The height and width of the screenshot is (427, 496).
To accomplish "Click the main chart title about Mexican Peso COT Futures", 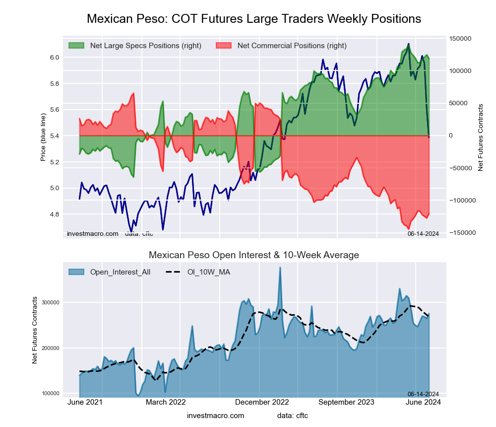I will [x=254, y=19].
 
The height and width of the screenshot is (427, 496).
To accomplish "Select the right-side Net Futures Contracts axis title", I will [x=480, y=138].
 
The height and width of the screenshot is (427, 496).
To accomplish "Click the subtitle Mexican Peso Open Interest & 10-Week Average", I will [x=254, y=255].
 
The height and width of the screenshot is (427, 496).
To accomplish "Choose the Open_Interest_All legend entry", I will [x=120, y=272].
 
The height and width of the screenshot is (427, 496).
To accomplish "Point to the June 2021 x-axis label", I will [x=85, y=402].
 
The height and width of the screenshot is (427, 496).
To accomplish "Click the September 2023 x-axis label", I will [x=346, y=402].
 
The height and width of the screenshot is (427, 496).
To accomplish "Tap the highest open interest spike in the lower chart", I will [x=280, y=268].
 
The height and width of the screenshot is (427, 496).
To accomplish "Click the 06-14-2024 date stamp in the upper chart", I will [x=423, y=233].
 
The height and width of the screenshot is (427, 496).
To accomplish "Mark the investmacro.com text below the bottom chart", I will [x=215, y=416].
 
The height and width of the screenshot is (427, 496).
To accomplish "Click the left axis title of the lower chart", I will [x=35, y=330].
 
